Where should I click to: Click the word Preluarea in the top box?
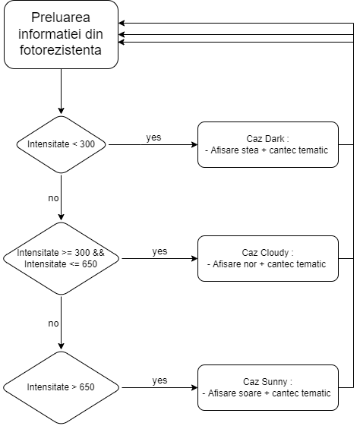click(x=61, y=18)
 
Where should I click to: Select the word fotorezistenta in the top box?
click(x=61, y=50)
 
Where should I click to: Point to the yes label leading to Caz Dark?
click(x=153, y=137)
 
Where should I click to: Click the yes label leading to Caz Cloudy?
click(x=159, y=251)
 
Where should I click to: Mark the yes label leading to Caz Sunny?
click(x=159, y=380)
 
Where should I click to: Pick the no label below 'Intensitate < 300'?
click(x=53, y=198)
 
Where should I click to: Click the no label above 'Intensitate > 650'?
click(x=53, y=323)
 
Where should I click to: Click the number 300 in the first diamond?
click(x=87, y=144)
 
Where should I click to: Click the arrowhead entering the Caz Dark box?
click(x=194, y=144)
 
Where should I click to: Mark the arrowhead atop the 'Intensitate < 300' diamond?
click(x=61, y=111)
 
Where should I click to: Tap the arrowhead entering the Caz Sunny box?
click(x=194, y=387)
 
